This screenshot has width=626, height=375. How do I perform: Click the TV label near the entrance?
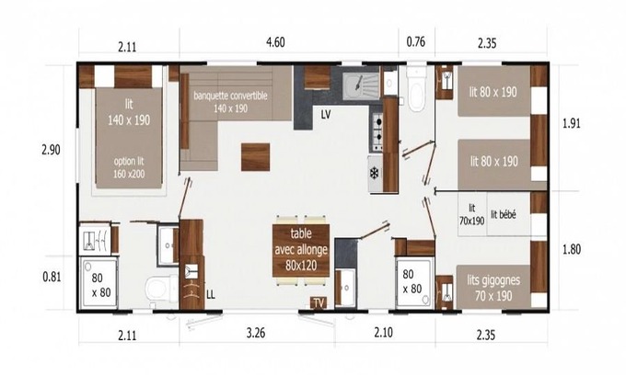(x=319, y=303)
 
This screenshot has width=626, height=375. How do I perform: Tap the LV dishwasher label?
(x=326, y=115)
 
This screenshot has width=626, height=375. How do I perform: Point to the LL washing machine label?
(x=211, y=295)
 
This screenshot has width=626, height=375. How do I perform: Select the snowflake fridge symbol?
(x=374, y=174)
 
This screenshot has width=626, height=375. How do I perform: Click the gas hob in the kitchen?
(x=377, y=132)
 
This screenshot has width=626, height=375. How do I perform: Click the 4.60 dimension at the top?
(x=275, y=42)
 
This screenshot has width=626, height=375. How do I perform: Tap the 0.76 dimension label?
(x=415, y=42)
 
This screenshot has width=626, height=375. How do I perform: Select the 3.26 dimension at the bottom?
(x=256, y=333)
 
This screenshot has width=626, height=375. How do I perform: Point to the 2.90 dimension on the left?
(x=51, y=150)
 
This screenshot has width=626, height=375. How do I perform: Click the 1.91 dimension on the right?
(x=572, y=123)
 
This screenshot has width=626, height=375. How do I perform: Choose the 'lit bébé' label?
(x=504, y=214)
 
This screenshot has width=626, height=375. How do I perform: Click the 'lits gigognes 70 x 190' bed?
(x=493, y=287)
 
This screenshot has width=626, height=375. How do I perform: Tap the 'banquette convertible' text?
(x=230, y=96)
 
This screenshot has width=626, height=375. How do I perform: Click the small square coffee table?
(x=255, y=157)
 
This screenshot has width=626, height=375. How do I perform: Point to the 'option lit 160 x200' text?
(x=129, y=167)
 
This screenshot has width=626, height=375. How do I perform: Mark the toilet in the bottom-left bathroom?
(x=159, y=288)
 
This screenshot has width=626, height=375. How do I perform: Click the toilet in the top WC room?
(x=416, y=89)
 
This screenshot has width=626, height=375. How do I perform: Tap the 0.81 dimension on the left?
(x=52, y=277)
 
